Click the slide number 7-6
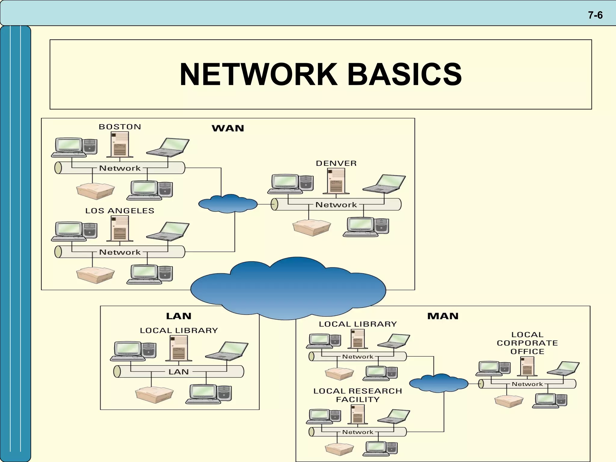tap(595, 15)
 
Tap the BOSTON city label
tap(120, 127)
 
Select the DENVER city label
tap(336, 163)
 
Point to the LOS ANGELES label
tap(119, 211)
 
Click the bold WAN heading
tap(228, 128)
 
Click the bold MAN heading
tap(442, 316)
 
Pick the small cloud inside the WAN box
tap(228, 204)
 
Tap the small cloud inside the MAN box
tap(439, 383)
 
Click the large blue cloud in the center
tap(288, 289)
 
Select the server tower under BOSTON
tap(120, 144)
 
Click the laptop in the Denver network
tap(384, 183)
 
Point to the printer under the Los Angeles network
tap(95, 275)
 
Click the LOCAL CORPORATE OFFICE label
tap(527, 343)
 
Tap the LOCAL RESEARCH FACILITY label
tap(357, 395)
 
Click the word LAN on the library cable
tap(178, 372)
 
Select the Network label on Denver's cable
tap(336, 205)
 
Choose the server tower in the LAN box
tap(179, 348)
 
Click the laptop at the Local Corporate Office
tap(563, 368)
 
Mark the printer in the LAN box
tap(154, 395)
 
